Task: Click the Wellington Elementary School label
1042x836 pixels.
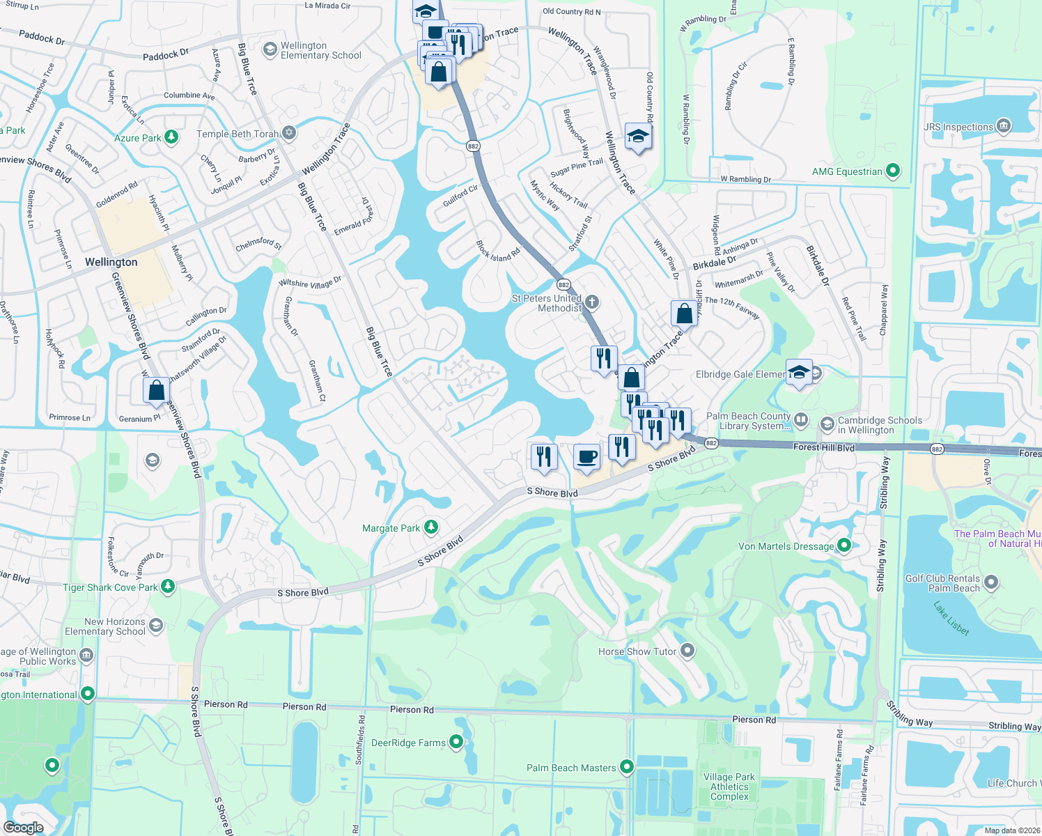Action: tap(320, 50)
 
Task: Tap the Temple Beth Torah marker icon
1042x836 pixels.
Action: tap(289, 133)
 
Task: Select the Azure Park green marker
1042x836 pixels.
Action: tap(171, 137)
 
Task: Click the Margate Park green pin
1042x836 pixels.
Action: tap(431, 527)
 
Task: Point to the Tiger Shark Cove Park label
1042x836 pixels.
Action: tap(111, 587)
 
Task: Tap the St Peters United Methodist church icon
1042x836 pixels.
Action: tap(592, 302)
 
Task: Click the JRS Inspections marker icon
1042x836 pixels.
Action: tap(1004, 126)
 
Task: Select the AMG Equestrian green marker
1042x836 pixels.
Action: tap(893, 171)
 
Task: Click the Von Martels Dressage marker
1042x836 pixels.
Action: tap(844, 545)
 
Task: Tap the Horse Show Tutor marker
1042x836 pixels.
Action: tap(687, 651)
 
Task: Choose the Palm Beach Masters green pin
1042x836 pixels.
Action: tap(627, 767)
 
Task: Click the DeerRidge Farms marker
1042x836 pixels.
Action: tap(456, 742)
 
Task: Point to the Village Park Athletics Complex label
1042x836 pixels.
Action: tap(729, 787)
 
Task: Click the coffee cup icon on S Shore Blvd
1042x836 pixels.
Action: tap(586, 457)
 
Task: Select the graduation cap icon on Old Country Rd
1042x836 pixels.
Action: tap(637, 137)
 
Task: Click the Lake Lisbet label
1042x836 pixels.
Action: tap(951, 618)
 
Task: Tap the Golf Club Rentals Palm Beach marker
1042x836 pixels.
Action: tap(992, 582)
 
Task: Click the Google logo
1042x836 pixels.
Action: tap(23, 827)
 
